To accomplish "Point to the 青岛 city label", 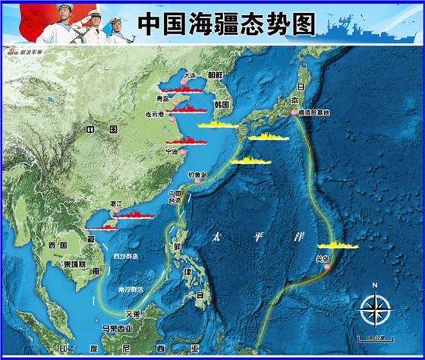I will (x=159, y=98).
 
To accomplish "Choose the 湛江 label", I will (x=116, y=204).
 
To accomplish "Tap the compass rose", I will (x=375, y=308).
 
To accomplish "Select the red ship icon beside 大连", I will (x=187, y=88).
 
